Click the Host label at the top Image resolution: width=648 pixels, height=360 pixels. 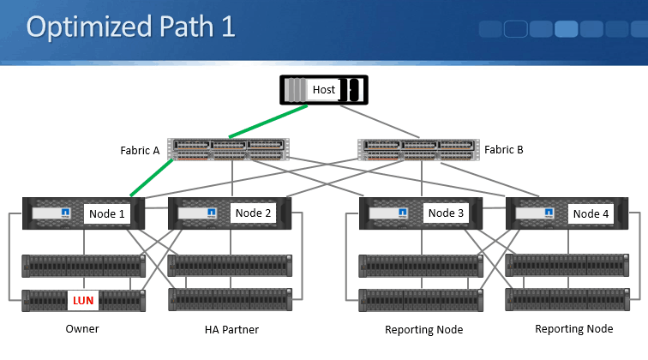(x=324, y=89)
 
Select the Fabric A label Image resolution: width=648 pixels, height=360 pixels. (x=140, y=150)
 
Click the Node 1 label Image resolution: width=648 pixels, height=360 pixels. (x=107, y=213)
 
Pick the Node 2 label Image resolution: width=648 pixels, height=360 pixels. (x=253, y=213)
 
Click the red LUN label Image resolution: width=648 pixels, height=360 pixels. (x=83, y=301)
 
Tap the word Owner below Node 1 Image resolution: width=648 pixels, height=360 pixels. (x=83, y=329)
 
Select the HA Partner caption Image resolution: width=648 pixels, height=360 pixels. (x=231, y=330)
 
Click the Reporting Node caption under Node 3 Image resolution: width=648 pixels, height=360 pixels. (x=424, y=330)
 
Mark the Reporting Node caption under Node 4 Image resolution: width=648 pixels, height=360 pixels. (x=574, y=329)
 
